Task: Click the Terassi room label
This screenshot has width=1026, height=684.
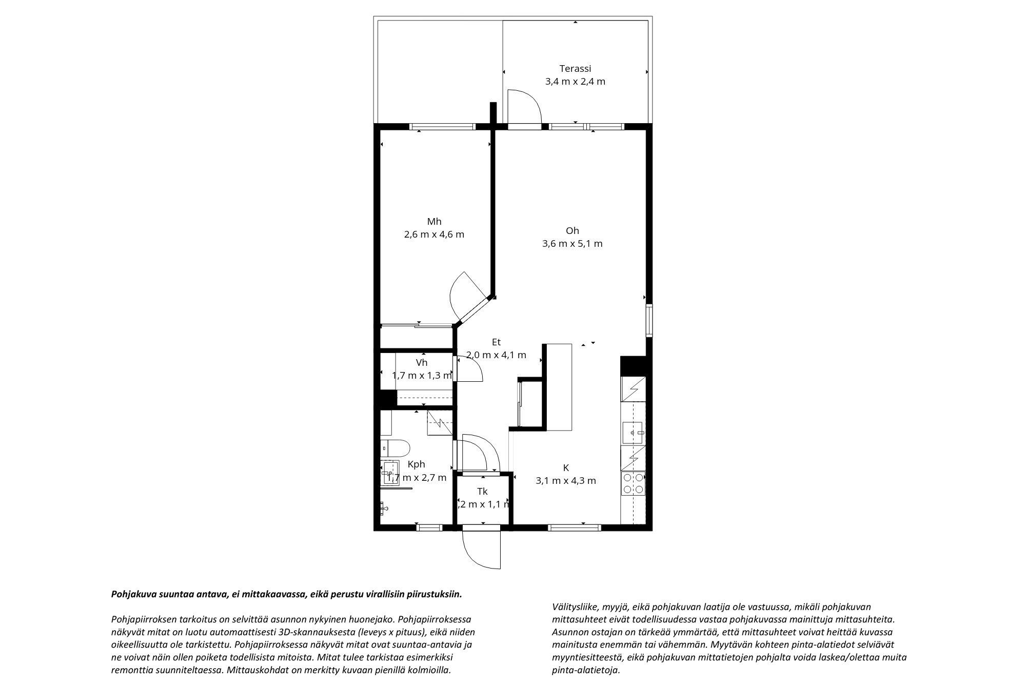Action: tap(575, 68)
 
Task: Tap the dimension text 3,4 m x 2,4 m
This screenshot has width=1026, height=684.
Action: tap(575, 81)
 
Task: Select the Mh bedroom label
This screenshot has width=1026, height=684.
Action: tap(434, 222)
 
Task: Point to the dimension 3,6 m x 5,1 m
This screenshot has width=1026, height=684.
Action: tap(572, 244)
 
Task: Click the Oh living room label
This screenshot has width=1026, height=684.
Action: tap(572, 230)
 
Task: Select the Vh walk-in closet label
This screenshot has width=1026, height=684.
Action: tap(422, 363)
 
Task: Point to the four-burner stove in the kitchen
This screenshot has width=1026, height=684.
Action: tap(633, 483)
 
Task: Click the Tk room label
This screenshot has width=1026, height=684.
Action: tap(482, 492)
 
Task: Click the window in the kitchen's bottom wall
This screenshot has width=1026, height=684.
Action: tap(574, 527)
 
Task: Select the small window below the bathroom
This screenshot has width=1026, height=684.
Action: tap(429, 527)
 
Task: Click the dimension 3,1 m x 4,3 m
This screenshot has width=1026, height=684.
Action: tap(566, 481)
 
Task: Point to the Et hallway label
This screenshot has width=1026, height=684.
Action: tap(496, 342)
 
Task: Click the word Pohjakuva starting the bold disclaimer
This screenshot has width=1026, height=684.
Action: tap(132, 594)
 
